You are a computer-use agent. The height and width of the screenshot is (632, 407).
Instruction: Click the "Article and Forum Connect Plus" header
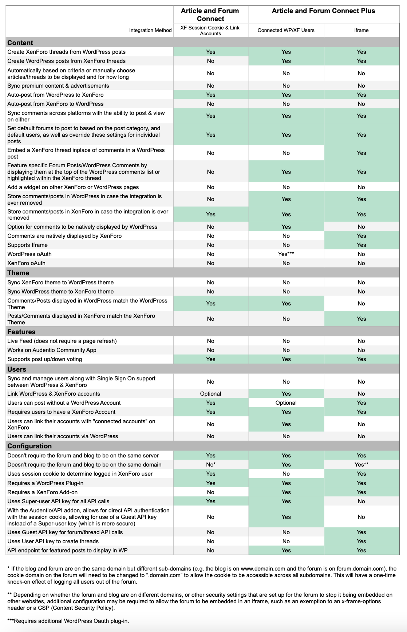pos(323,11)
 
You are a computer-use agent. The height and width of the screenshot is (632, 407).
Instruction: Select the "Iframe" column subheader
pos(361,30)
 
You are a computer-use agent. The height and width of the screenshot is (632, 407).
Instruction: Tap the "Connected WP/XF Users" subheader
pos(286,30)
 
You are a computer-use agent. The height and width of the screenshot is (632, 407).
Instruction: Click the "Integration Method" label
pos(150,30)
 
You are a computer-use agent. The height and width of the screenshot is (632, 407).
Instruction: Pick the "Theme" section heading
pos(18,273)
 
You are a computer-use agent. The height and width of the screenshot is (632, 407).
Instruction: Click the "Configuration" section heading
pos(29,446)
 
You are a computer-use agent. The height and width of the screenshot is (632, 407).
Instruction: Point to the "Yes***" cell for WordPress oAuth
pos(286,254)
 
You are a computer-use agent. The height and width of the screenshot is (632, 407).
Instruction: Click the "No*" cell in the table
pos(211,465)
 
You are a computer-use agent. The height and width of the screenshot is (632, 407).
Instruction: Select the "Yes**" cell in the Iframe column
pos(361,465)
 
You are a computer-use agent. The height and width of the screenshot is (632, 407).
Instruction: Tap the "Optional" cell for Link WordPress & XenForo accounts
pos(210,394)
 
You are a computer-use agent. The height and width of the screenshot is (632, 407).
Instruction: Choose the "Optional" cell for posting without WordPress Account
pos(286,403)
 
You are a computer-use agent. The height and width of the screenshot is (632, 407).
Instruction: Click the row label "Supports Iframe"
pos(27,245)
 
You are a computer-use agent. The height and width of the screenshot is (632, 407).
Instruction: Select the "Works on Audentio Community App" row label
pos(52,350)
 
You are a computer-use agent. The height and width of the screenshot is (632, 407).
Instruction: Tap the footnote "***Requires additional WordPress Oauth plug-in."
pos(68,621)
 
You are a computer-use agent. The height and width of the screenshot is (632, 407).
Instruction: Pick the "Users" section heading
pos(17,369)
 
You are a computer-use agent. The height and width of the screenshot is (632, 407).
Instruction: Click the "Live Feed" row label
pos(62,341)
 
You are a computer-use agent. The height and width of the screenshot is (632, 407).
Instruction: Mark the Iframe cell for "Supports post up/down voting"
pos(361,359)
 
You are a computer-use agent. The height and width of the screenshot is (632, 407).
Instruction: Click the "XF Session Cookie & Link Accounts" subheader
pos(210,31)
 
